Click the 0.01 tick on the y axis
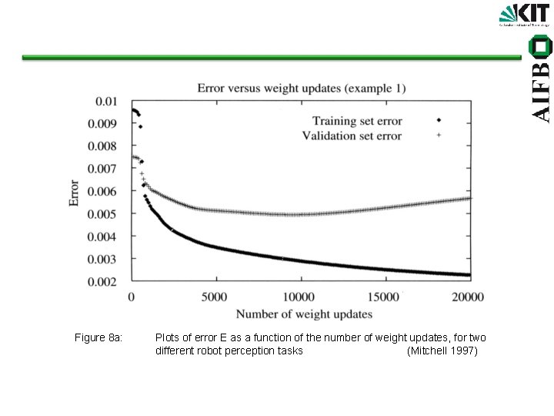click(107, 101)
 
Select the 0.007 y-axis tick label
click(104, 169)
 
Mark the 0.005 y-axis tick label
click(104, 214)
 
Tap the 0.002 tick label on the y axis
click(104, 283)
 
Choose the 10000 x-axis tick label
click(299, 297)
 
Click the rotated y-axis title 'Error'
click(75, 192)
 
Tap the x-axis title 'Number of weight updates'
click(304, 314)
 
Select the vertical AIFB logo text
click(542, 81)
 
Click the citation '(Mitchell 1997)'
click(442, 351)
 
